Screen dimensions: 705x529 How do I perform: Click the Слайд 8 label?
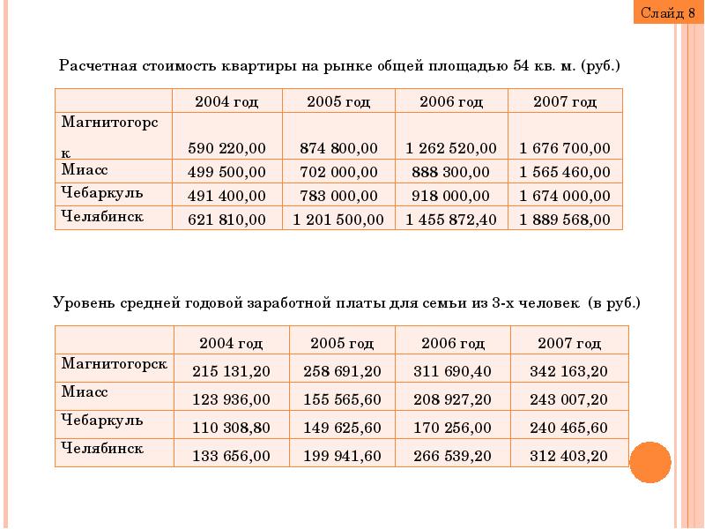(x=668, y=13)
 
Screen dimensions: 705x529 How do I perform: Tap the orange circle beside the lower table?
(x=650, y=462)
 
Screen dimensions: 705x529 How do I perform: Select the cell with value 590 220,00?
(x=226, y=148)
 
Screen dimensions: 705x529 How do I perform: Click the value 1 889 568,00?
(x=565, y=219)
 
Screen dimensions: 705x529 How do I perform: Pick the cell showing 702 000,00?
(x=338, y=172)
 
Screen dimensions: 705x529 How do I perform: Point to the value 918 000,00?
(x=450, y=196)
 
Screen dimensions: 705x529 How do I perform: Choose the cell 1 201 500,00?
(x=338, y=219)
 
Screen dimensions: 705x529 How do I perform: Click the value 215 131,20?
(x=231, y=371)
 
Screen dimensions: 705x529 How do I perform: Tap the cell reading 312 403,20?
(x=568, y=456)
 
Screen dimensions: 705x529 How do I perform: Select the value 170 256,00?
(x=452, y=428)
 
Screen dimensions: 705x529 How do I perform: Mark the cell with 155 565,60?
(x=342, y=399)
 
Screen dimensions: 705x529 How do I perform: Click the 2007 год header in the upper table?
(x=565, y=101)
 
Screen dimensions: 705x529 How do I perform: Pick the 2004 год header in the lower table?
(x=231, y=343)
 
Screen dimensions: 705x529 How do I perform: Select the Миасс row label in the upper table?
(x=85, y=169)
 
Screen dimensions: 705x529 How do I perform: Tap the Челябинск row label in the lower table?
(x=102, y=448)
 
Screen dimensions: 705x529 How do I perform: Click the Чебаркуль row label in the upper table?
(x=102, y=193)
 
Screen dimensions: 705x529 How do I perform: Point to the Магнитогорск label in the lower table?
(x=115, y=363)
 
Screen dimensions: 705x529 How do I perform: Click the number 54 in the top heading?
(x=521, y=65)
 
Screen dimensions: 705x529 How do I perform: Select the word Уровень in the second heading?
(x=84, y=302)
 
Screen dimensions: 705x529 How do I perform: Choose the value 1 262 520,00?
(x=451, y=148)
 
